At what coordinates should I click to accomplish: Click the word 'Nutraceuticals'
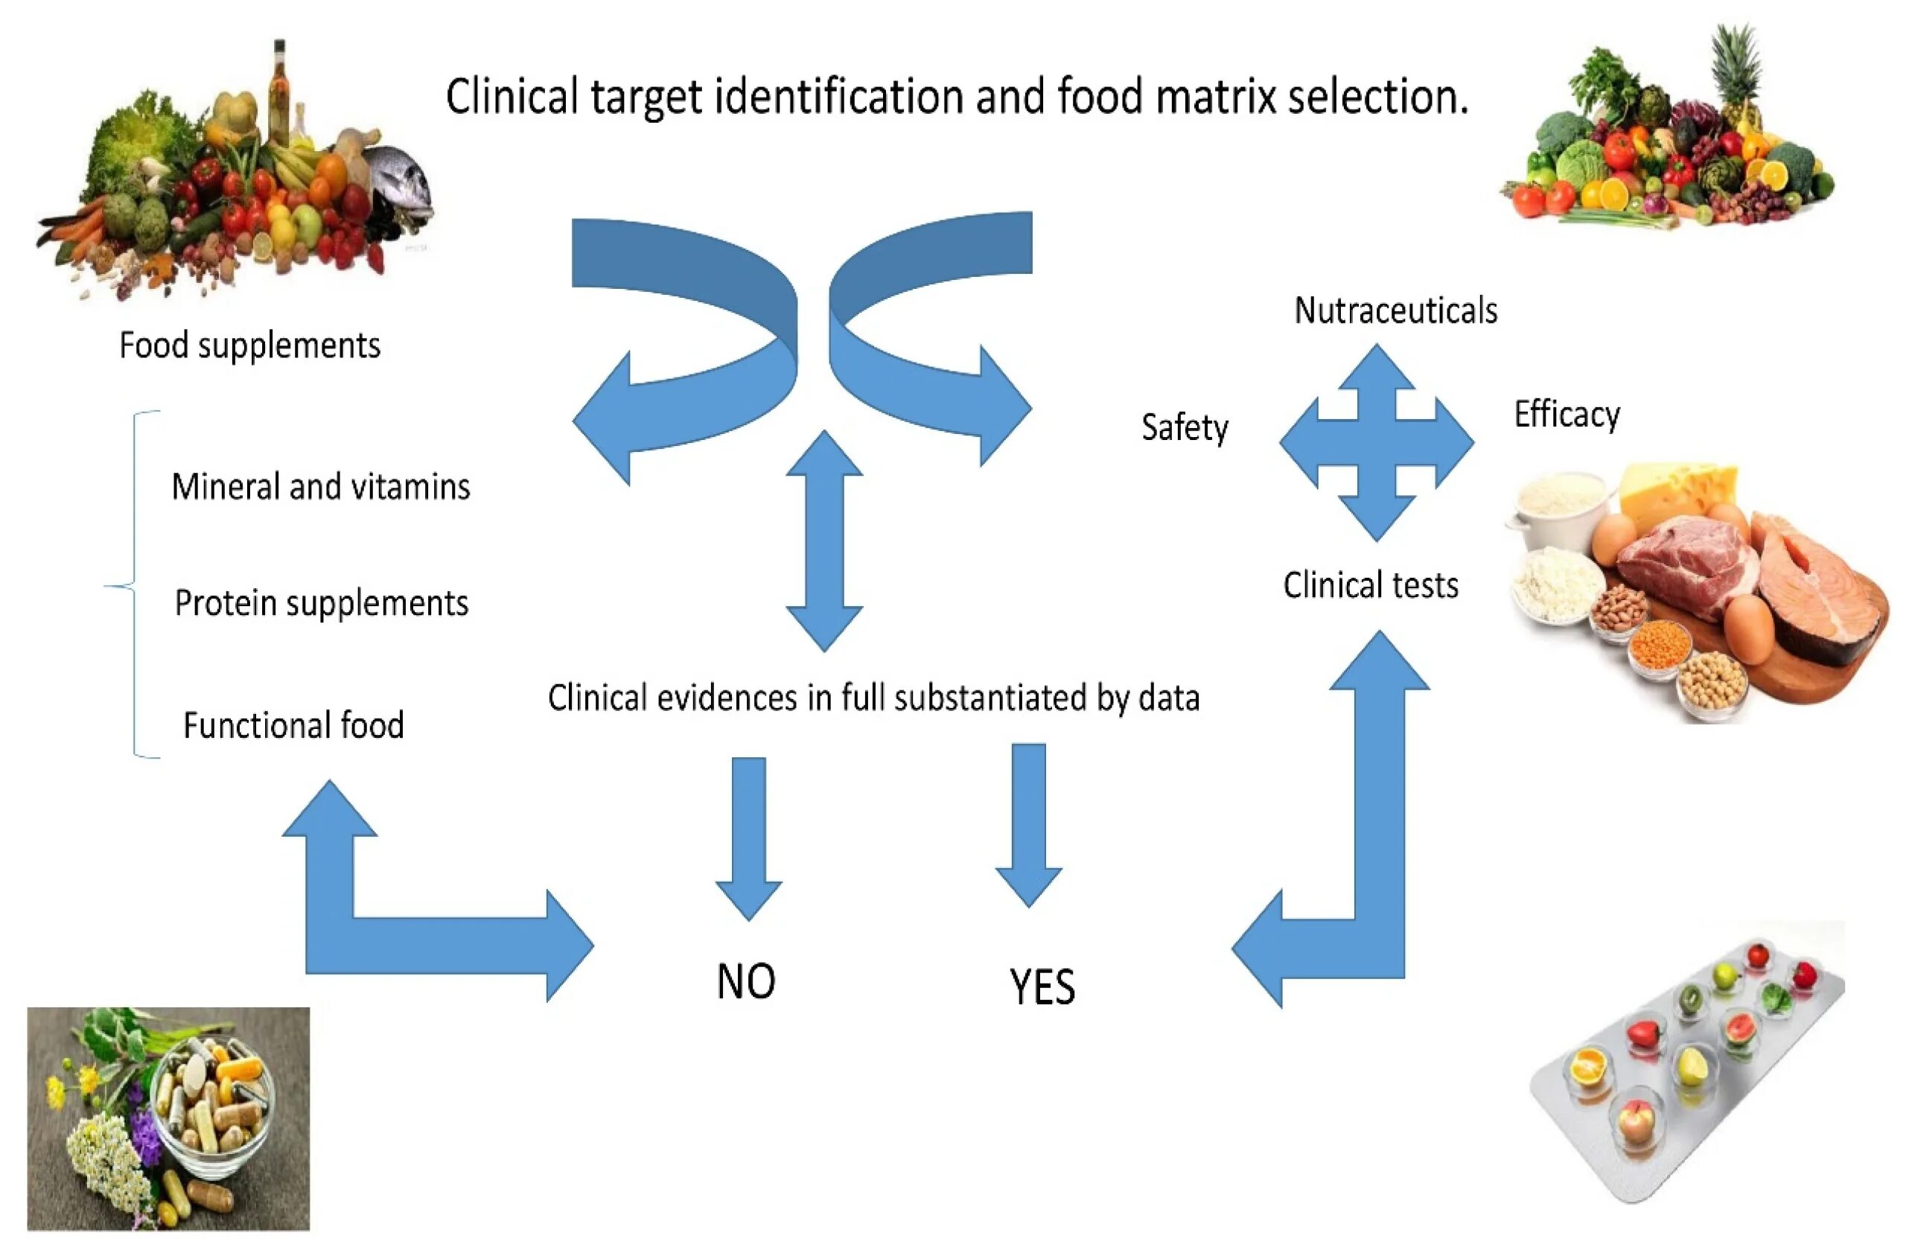[x=1395, y=311]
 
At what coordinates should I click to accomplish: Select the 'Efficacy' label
[x=1566, y=415]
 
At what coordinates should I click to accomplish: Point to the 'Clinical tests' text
[x=1370, y=585]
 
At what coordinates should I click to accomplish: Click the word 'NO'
[x=745, y=981]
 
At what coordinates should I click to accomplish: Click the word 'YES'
[x=1041, y=987]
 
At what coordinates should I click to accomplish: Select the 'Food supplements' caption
[x=249, y=345]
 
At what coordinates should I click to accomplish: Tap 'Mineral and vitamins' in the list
[x=321, y=487]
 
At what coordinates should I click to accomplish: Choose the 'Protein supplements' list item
[x=321, y=602]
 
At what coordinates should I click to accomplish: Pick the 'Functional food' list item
[x=293, y=724]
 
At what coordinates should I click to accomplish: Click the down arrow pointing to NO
[x=749, y=835]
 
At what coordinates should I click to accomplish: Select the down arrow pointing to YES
[x=1028, y=823]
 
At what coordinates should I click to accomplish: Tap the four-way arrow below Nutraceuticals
[x=1376, y=442]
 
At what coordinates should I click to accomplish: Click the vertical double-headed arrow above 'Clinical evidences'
[x=823, y=540]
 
